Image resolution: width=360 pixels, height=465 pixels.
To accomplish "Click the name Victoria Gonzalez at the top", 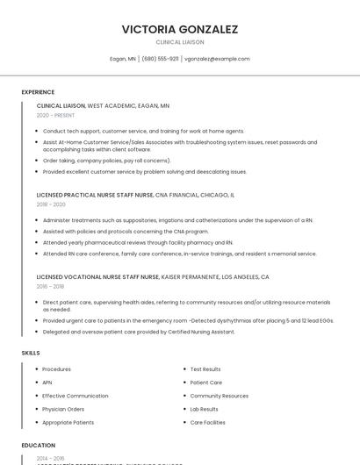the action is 180,29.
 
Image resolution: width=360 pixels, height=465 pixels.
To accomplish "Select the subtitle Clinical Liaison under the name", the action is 180,42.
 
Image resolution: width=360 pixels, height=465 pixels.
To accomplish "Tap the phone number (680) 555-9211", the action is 160,59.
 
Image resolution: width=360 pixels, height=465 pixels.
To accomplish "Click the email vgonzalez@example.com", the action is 217,59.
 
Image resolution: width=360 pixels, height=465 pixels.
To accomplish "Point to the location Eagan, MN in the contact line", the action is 123,59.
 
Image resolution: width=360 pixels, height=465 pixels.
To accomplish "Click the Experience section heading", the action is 38,92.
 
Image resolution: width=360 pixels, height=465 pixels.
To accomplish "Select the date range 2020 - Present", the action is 55,115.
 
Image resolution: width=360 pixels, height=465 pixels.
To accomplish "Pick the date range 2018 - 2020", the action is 51,204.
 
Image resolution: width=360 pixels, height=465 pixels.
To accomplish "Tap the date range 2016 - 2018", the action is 50,286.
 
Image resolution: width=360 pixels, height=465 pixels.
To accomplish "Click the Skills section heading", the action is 31,353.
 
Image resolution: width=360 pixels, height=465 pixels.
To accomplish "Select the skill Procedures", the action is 57,369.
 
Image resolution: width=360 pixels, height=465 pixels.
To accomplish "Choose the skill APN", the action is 47,383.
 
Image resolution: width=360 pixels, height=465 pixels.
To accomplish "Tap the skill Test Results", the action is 205,369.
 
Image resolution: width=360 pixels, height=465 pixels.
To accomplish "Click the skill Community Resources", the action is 220,396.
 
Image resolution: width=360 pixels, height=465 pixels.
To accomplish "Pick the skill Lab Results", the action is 205,409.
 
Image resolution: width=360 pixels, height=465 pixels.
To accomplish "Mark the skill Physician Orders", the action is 63,409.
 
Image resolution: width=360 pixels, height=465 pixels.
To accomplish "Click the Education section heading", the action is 39,445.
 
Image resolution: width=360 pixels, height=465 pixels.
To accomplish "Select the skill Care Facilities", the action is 207,422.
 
